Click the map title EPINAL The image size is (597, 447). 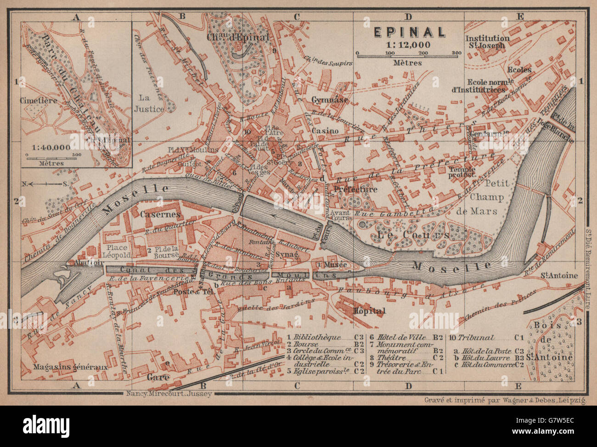pos(408,32)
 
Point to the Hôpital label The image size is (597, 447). pos(369,311)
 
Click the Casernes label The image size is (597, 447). pos(157,214)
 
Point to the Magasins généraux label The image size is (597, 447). pos(70,367)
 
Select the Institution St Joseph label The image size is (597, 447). pos(487,42)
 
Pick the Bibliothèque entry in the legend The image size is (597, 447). pos(317,337)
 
